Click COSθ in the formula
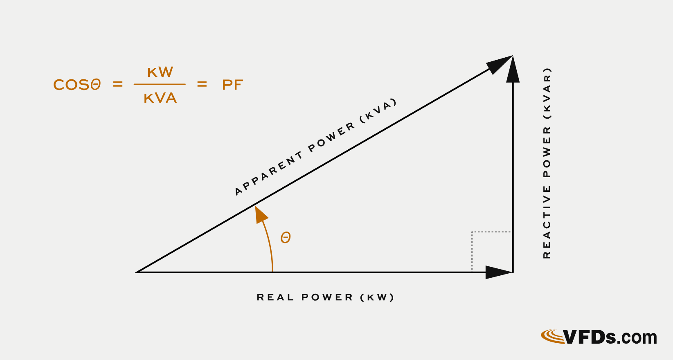pos(77,85)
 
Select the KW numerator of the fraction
pos(160,72)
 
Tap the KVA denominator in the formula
pos(160,98)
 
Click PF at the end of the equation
pos(232,85)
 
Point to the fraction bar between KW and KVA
pos(160,84)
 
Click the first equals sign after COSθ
pos(118,85)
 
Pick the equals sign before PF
pos(202,85)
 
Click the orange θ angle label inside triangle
pos(286,238)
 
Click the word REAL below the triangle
pos(275,297)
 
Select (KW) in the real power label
pos(377,297)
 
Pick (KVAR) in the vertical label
pos(547,93)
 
